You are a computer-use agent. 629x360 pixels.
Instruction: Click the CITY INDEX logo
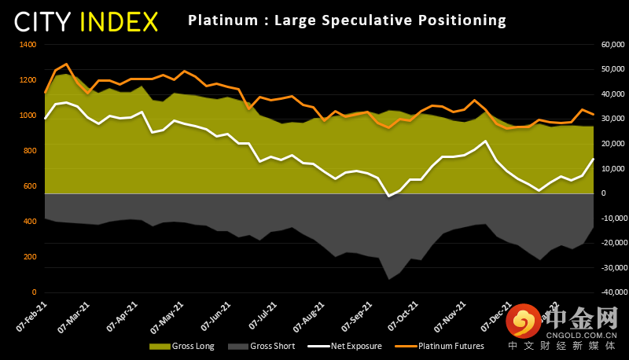tap(86, 21)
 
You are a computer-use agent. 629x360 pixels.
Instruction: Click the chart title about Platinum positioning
tap(347, 20)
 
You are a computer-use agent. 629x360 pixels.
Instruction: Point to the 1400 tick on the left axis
tap(28, 45)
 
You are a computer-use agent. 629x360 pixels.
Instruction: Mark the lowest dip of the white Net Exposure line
tap(388, 196)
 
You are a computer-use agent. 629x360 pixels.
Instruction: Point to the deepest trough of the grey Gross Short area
tap(388, 279)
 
